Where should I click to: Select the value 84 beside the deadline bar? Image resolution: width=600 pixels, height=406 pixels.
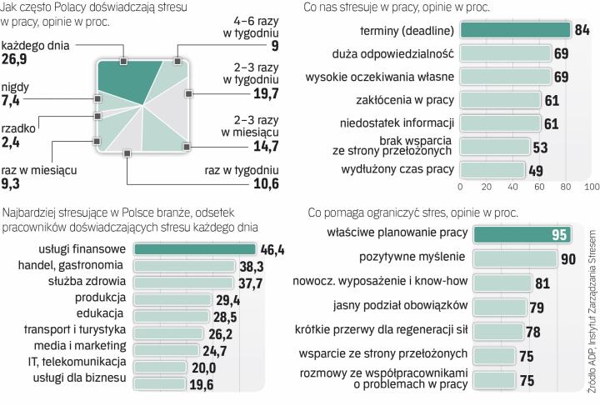[x=582, y=30]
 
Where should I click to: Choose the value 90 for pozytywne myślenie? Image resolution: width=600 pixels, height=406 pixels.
[x=568, y=259]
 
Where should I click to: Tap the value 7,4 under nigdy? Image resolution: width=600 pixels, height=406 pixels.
[x=11, y=102]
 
